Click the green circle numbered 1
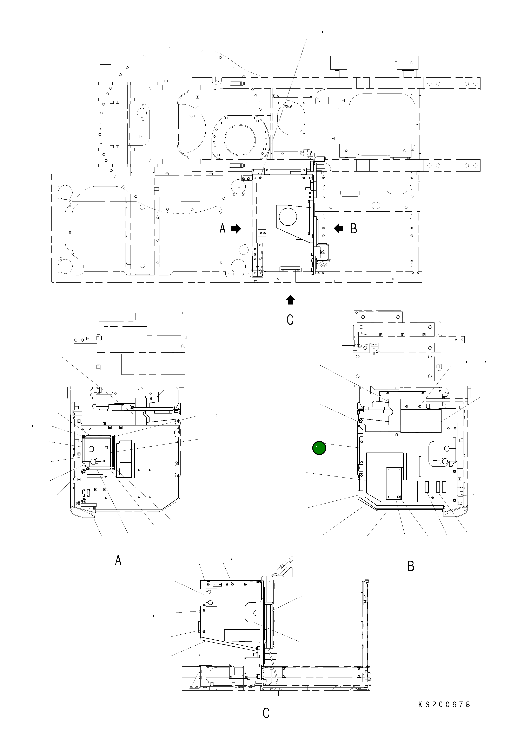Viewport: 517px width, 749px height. click(319, 448)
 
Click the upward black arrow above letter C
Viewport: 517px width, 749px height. click(290, 300)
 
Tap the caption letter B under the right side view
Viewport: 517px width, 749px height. click(411, 566)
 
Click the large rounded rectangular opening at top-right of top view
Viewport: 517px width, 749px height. click(382, 124)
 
